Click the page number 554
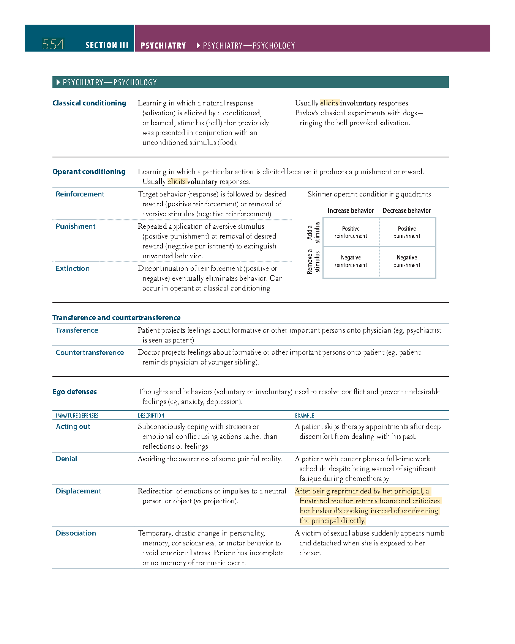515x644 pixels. [53, 45]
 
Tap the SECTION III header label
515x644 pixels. [107, 46]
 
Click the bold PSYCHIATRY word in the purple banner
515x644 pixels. [163, 46]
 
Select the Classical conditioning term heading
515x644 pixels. [89, 103]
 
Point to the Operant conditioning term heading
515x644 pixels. [89, 172]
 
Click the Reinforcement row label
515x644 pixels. [80, 194]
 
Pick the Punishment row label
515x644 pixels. [76, 226]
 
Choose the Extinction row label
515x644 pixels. [73, 269]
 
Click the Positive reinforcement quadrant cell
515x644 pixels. [351, 232]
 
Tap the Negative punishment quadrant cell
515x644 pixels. [407, 261]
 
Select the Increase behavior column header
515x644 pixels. [351, 210]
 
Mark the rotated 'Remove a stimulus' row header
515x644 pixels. [313, 261]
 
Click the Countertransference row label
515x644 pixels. [90, 353]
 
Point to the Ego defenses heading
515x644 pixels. [74, 392]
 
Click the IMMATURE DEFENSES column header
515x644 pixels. [77, 416]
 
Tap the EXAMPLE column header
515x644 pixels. [305, 416]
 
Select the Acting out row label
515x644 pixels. [73, 427]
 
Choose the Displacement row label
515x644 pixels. [78, 491]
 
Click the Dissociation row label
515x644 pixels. [76, 533]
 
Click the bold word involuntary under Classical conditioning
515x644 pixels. [358, 103]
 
